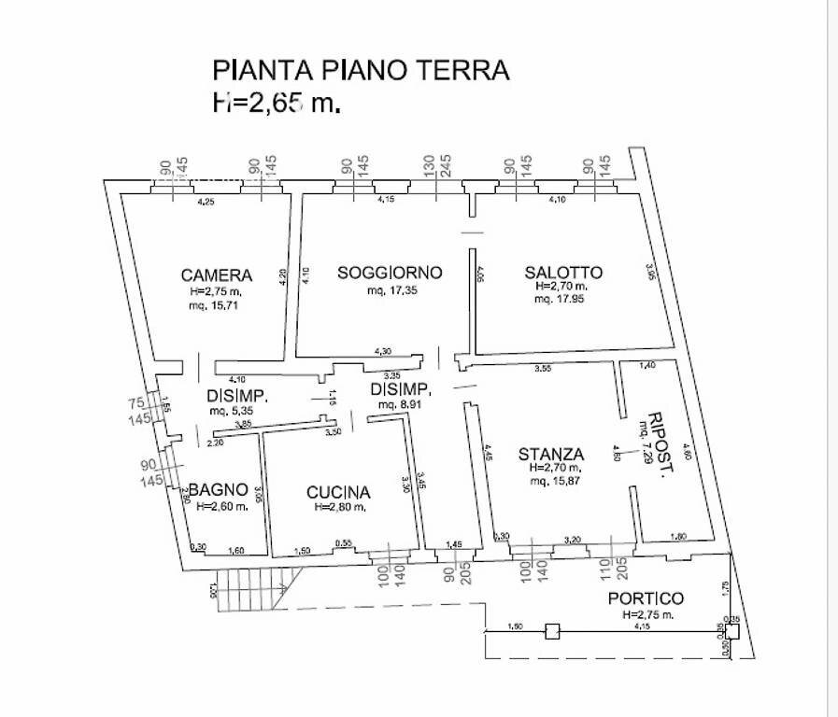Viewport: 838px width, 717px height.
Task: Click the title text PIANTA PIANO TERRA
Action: click(x=362, y=70)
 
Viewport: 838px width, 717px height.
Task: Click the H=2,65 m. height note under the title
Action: click(x=277, y=103)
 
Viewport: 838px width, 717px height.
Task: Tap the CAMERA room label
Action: click(x=216, y=275)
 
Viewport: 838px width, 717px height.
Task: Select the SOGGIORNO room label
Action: click(x=389, y=273)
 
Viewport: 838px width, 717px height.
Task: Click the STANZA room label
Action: click(x=551, y=455)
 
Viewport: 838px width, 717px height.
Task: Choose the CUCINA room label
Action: click(x=338, y=492)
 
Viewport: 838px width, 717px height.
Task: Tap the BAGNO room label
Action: click(x=218, y=489)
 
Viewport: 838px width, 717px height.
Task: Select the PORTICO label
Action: click(x=646, y=598)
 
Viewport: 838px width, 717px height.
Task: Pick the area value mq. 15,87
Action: click(x=554, y=482)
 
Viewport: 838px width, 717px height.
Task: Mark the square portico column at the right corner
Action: click(x=731, y=631)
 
